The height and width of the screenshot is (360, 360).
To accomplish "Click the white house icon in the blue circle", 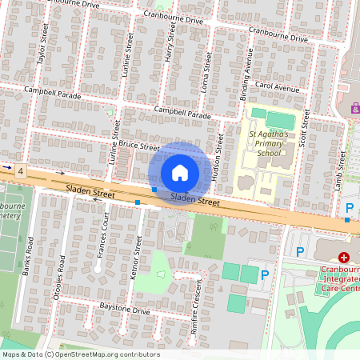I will (180, 173).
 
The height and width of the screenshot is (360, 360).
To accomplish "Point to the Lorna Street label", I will (206, 73).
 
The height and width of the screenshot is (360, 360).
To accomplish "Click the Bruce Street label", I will (138, 145).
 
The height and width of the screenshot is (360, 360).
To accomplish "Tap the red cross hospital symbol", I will (344, 258).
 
